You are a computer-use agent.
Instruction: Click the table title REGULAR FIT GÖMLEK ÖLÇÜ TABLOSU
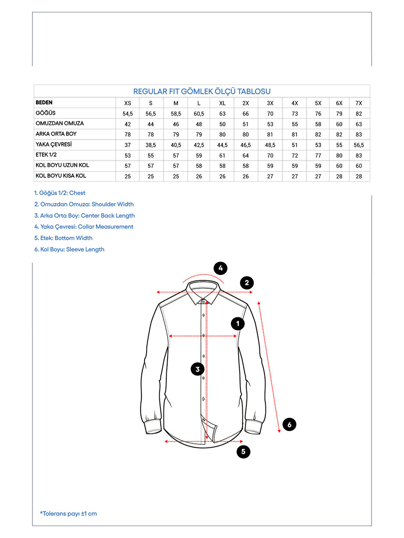(202, 91)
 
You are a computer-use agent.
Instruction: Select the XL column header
(222, 103)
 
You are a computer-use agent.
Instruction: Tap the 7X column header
(358, 103)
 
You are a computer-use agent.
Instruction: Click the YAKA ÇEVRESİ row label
(54, 144)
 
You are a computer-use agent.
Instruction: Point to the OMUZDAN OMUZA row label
(60, 123)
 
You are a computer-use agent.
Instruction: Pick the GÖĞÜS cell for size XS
(128, 114)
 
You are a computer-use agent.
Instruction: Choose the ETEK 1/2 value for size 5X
(318, 155)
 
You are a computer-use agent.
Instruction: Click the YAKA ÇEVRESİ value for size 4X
(295, 145)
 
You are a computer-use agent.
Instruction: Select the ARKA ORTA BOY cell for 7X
(358, 134)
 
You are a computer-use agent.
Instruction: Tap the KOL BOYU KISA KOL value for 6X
(339, 176)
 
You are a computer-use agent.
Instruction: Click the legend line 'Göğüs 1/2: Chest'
(60, 193)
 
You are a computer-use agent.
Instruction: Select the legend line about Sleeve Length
(69, 250)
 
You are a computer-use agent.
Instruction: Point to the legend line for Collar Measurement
(84, 227)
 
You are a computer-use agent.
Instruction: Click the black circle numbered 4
(221, 268)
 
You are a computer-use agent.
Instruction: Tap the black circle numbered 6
(290, 424)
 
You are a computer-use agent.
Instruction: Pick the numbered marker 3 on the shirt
(198, 369)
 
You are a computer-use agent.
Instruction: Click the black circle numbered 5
(243, 451)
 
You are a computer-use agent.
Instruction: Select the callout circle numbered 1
(238, 324)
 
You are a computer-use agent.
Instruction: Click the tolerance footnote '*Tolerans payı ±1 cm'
(69, 513)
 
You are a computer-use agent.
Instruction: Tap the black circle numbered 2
(247, 283)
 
